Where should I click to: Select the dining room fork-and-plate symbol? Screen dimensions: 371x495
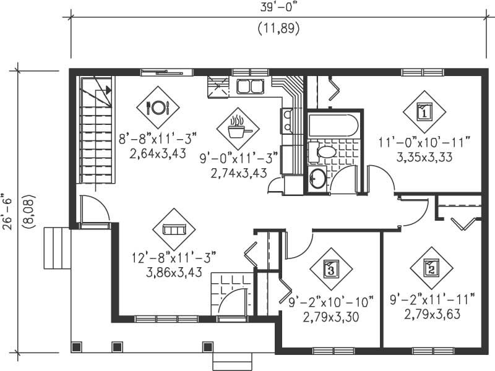(x=157, y=108)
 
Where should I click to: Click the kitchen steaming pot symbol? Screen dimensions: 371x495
(x=238, y=129)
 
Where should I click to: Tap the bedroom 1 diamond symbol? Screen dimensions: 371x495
(x=424, y=112)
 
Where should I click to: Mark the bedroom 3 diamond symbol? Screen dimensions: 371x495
(x=330, y=269)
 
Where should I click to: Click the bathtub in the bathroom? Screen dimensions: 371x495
(x=333, y=125)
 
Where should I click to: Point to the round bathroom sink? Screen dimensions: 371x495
(x=318, y=178)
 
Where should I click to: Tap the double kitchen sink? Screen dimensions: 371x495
(x=250, y=86)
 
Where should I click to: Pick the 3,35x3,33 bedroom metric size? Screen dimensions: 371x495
(x=424, y=157)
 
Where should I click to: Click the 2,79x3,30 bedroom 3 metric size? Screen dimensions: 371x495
(x=330, y=317)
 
